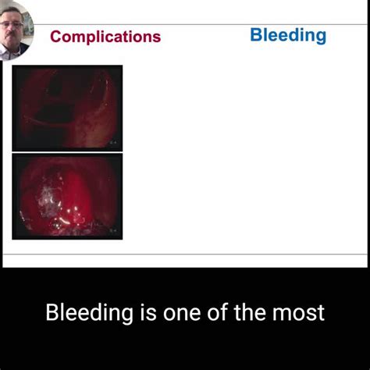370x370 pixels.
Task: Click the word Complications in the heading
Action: pyautogui.click(x=105, y=37)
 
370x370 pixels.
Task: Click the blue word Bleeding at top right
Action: pyautogui.click(x=288, y=35)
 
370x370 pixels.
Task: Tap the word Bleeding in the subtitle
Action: pyautogui.click(x=89, y=313)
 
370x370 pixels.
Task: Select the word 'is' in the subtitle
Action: pyautogui.click(x=147, y=313)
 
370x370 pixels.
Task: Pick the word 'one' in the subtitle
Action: pyautogui.click(x=183, y=313)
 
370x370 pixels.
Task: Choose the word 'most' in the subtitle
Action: pyautogui.click(x=301, y=313)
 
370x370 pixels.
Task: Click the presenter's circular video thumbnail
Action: pyautogui.click(x=16, y=29)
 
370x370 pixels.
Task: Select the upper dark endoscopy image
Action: pyautogui.click(x=67, y=108)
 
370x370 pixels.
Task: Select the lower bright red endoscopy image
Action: pyautogui.click(x=67, y=196)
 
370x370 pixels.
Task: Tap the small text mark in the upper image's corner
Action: pyautogui.click(x=114, y=143)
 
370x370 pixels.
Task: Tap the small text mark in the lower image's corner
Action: pyautogui.click(x=114, y=231)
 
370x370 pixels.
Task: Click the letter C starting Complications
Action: pyautogui.click(x=55, y=37)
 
